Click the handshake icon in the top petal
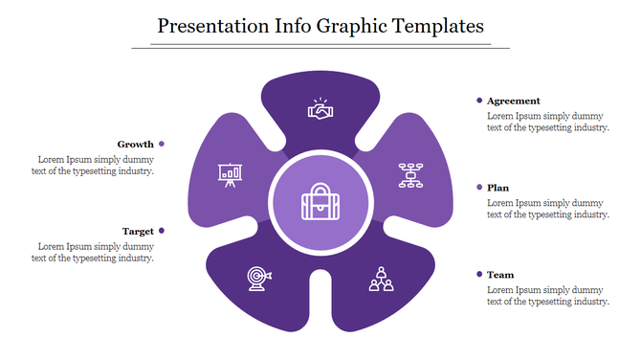(320, 110)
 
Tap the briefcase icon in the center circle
(320, 203)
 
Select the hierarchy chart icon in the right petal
(411, 175)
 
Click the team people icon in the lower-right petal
(382, 279)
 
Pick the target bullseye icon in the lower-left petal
(259, 277)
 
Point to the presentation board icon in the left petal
(229, 175)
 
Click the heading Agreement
(514, 101)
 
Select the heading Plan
(497, 188)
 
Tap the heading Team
(500, 275)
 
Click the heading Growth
(136, 144)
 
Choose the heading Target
(138, 231)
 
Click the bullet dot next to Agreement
(478, 101)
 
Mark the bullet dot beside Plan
(478, 188)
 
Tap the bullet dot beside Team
(478, 275)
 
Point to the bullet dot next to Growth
(162, 144)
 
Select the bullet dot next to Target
(162, 231)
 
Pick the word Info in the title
(294, 26)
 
